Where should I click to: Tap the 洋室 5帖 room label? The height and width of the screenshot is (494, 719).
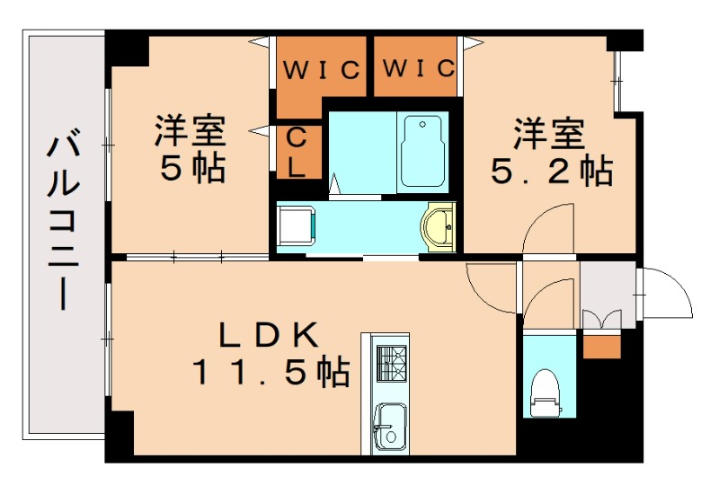click(191, 148)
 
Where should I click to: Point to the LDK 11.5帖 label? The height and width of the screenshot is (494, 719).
click(271, 354)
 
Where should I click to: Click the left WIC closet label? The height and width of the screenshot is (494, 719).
click(320, 68)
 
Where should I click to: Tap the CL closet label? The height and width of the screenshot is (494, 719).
click(297, 150)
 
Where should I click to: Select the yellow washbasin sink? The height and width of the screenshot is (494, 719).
click(439, 226)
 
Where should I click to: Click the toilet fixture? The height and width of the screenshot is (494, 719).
click(546, 393)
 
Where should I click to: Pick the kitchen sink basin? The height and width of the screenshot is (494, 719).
click(389, 423)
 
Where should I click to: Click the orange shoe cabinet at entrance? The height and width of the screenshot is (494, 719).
click(601, 344)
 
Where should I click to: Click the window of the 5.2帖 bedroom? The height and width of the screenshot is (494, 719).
click(618, 81)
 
